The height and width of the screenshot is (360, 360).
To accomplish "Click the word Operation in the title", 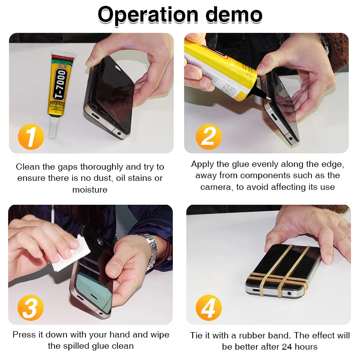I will [x=148, y=15].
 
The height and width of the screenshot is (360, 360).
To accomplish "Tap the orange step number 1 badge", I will [x=31, y=136].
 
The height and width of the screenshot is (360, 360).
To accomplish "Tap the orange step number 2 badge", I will [x=208, y=136].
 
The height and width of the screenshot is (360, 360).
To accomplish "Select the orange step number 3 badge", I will [x=31, y=308].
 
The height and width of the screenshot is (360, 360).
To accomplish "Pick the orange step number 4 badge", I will [x=208, y=308].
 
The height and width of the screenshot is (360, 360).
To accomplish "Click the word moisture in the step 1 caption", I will [x=90, y=190].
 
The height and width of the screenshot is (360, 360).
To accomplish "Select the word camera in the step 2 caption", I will [x=216, y=187].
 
